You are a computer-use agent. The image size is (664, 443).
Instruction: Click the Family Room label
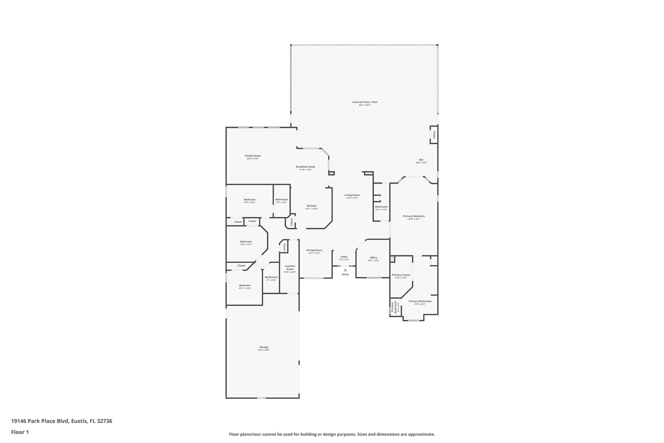click(x=253, y=156)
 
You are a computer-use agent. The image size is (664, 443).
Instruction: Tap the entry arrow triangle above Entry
click(x=345, y=270)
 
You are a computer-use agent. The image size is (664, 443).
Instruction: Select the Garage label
click(x=264, y=347)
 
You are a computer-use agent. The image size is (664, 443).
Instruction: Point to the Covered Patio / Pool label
click(x=365, y=102)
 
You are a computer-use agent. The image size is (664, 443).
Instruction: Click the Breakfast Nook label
click(x=305, y=167)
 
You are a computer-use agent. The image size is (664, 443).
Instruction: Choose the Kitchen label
click(x=312, y=206)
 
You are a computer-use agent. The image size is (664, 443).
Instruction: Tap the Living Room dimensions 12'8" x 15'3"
click(x=352, y=198)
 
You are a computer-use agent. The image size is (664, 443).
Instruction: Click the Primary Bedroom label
click(x=414, y=216)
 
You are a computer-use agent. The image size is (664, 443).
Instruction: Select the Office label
click(x=373, y=258)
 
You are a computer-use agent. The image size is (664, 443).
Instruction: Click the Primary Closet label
click(x=401, y=275)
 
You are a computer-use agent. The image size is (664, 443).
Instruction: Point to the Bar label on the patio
click(x=421, y=160)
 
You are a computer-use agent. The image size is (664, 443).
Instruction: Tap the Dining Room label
click(x=314, y=250)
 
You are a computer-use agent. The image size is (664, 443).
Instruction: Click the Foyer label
click(x=344, y=257)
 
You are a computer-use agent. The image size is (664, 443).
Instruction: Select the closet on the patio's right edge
click(x=434, y=134)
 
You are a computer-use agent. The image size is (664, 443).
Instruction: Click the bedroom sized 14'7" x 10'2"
click(x=249, y=200)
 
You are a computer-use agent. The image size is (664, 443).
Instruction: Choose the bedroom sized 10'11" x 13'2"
click(x=245, y=285)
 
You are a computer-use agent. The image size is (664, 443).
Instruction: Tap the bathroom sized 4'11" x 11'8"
click(x=381, y=207)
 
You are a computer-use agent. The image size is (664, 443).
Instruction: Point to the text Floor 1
click(x=20, y=432)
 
